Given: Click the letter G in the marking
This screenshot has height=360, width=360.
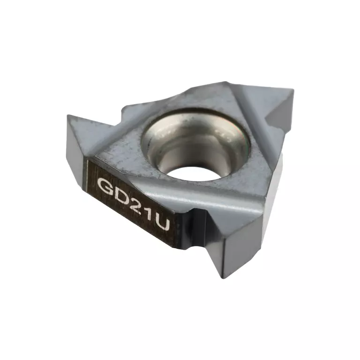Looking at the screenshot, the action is point(104,184).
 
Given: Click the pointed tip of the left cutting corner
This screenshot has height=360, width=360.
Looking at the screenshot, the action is point(67,115).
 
